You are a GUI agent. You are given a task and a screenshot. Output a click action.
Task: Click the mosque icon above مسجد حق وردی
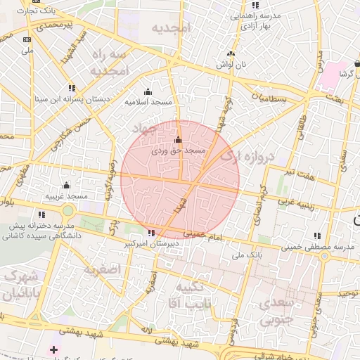[178, 139]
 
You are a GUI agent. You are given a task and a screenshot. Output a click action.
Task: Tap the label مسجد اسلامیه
[149, 102]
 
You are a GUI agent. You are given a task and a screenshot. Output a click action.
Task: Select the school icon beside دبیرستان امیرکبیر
[151, 233]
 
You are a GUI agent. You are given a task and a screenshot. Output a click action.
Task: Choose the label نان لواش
[231, 64]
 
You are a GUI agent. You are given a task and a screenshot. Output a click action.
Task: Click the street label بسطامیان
[271, 98]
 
